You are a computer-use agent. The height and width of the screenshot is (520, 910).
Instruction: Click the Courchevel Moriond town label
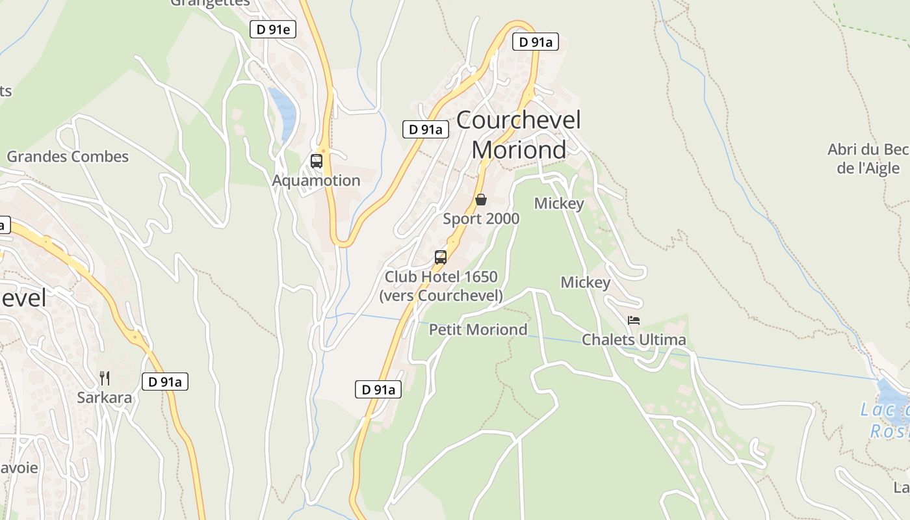(518, 135)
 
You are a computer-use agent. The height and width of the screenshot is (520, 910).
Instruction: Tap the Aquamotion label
(316, 181)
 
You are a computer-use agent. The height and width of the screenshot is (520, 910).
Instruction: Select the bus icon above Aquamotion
(317, 161)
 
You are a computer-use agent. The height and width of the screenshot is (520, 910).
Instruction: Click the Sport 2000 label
(481, 219)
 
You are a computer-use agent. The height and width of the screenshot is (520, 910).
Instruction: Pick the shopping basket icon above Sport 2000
(481, 200)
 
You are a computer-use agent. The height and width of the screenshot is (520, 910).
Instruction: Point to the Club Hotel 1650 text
(441, 277)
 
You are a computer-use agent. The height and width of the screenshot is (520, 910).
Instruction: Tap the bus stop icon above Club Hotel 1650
(441, 257)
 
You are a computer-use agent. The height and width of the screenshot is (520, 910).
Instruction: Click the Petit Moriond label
(478, 330)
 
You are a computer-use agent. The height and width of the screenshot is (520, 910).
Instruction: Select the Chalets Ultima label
(634, 340)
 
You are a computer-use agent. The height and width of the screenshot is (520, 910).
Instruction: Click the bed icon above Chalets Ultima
(634, 320)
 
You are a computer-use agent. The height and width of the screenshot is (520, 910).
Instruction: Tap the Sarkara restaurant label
(104, 398)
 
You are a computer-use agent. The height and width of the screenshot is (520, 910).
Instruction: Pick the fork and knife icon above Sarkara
(104, 378)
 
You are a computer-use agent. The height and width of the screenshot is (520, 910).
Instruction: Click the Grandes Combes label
(68, 157)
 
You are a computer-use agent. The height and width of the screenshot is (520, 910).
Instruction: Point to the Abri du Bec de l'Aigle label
(868, 159)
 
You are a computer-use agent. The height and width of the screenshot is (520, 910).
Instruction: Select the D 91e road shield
(273, 29)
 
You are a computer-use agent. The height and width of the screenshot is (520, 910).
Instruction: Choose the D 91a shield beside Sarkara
(165, 382)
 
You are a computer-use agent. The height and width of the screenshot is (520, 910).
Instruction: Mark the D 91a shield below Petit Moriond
(378, 390)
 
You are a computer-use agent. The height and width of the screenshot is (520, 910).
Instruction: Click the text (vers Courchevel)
(441, 296)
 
